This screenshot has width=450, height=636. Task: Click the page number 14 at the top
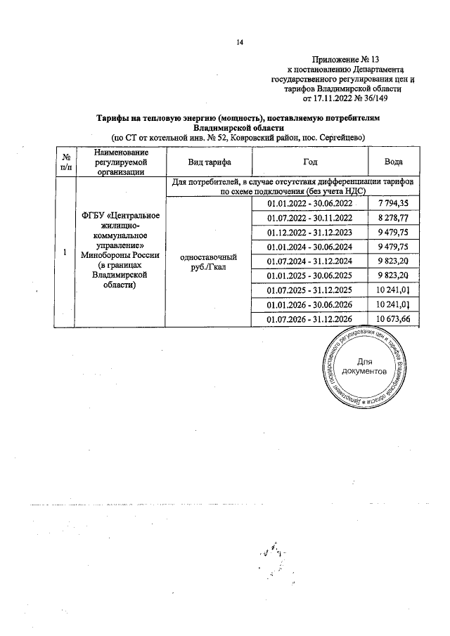point(239,43)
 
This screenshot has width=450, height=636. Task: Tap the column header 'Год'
point(309,162)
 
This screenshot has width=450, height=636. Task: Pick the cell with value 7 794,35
point(393,203)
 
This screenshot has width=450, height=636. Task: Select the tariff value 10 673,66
point(393,320)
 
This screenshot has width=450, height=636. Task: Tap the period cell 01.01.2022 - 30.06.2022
point(309,204)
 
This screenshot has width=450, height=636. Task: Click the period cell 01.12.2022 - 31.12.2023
point(309,233)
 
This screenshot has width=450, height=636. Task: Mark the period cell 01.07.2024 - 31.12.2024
point(309,262)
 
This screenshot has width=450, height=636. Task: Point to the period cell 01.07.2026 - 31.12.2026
point(309,320)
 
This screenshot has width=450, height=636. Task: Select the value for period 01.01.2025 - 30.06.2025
point(393,276)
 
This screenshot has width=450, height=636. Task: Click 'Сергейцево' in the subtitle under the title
point(340,137)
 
